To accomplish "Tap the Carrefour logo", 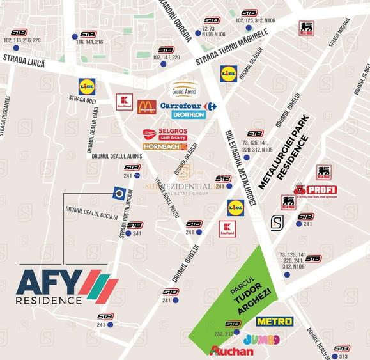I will (188, 106).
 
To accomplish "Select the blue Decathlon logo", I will (189, 115).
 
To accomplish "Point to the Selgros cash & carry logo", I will (165, 134).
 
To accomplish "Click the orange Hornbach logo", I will (165, 146).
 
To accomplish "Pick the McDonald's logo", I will (146, 107).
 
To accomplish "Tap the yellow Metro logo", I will (274, 321).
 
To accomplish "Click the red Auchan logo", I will (231, 350).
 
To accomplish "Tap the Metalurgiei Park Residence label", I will (284, 153).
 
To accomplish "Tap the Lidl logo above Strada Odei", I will (87, 85).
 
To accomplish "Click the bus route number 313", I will (343, 356).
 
